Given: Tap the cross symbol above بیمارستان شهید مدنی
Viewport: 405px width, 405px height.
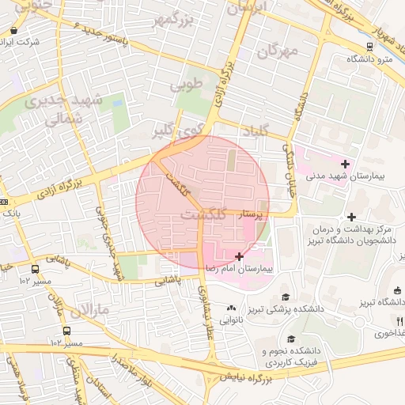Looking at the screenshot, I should click(345, 163).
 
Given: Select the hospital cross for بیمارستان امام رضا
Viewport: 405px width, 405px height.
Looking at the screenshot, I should click(240, 256).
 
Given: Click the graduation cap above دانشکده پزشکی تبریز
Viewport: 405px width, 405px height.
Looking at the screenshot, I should click(284, 297).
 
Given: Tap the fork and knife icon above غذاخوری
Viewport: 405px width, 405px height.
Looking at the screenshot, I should click(400, 321).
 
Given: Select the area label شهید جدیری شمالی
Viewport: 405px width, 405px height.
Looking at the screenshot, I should click(63, 110).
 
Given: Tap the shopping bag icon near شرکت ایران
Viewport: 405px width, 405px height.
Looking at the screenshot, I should click(13, 31).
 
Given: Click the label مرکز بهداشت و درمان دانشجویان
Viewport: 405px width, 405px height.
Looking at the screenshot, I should click(350, 233).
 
